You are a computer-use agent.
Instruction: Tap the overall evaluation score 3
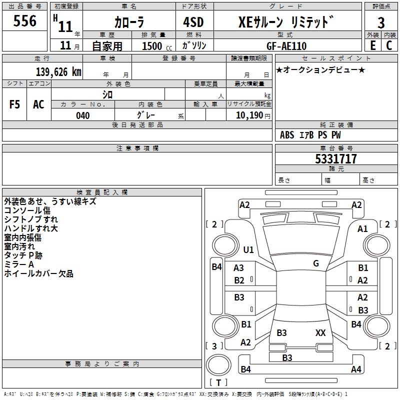coord(381,23)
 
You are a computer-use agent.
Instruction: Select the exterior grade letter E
coord(372,45)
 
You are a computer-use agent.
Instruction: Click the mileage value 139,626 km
coord(58,72)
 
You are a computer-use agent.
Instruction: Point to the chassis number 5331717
coord(336,159)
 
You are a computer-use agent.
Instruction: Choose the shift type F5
coord(14,104)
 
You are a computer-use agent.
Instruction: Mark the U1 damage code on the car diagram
coord(248,249)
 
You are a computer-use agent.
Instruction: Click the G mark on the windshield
coord(316,263)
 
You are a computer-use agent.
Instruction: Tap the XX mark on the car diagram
coord(320,332)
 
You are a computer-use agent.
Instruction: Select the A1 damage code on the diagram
coord(362,229)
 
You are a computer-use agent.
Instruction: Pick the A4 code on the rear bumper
coord(356,369)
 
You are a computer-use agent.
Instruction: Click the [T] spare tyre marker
coord(218,383)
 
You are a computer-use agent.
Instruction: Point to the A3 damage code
coord(239,268)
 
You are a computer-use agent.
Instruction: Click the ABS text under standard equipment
coord(287,135)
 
